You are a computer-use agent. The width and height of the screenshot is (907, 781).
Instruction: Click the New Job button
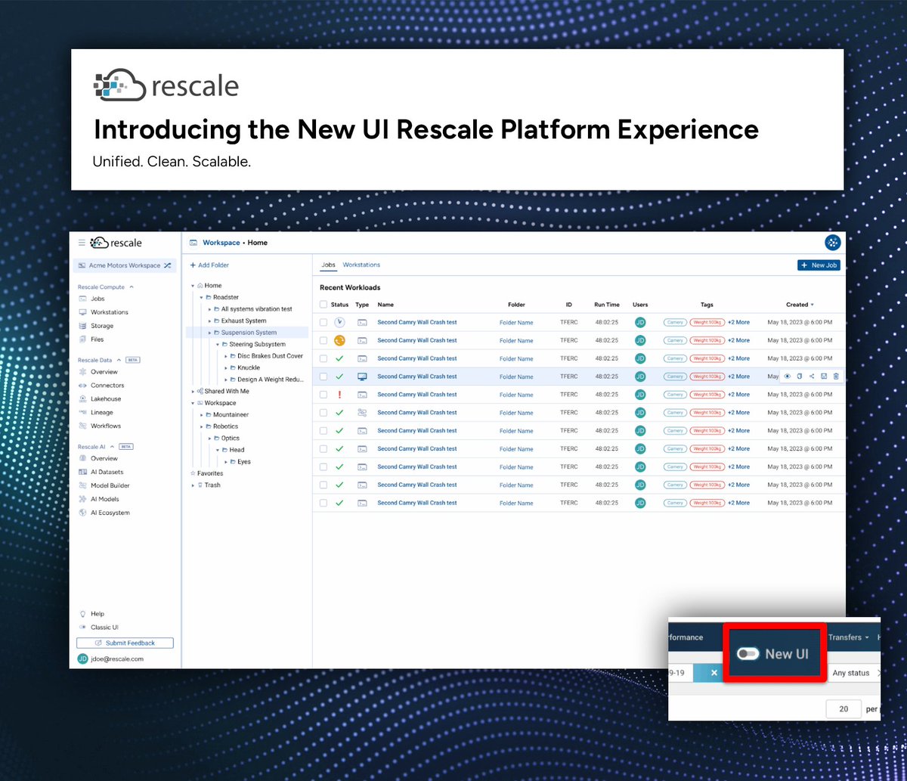[x=819, y=265]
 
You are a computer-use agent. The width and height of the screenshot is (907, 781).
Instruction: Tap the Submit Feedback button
[x=125, y=643]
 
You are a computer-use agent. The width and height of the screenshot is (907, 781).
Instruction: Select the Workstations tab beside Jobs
[x=361, y=265]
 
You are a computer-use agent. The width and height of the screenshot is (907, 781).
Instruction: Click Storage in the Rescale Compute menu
[x=102, y=326]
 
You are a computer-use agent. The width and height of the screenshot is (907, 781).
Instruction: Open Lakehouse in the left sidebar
[x=105, y=398]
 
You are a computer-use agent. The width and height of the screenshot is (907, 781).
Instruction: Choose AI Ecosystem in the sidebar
[x=110, y=513]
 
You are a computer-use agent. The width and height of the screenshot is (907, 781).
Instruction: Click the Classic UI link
[x=104, y=628]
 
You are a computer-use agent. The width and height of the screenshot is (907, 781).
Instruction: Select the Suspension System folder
[x=249, y=333]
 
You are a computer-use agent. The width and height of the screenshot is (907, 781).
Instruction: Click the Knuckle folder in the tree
[x=249, y=367]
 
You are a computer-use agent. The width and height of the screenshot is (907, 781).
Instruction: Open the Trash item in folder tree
[x=212, y=485]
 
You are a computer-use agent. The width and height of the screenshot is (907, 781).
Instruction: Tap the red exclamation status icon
[x=339, y=395]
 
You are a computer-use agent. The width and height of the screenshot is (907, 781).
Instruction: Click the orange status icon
[x=339, y=340]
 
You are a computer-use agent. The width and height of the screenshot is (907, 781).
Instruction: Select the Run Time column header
[x=606, y=305]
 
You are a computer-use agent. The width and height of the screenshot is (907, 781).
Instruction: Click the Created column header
[x=797, y=305]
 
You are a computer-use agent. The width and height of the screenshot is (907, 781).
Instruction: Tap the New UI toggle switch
[x=748, y=654]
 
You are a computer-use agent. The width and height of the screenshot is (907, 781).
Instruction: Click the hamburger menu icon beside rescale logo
[x=82, y=243]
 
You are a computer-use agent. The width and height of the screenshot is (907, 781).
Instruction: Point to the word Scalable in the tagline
[x=224, y=163]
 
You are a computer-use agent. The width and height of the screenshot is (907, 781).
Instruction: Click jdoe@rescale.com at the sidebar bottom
[x=116, y=659]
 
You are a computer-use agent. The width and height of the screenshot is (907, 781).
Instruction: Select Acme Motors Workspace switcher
[x=125, y=265]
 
